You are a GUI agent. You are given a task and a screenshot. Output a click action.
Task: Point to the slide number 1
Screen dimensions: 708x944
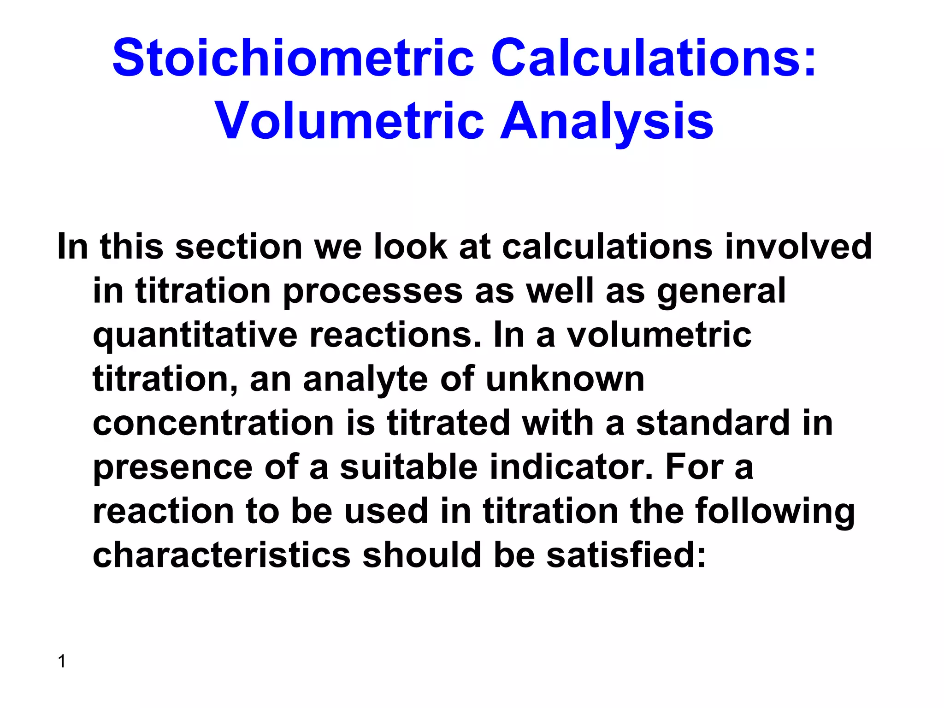pos(62,661)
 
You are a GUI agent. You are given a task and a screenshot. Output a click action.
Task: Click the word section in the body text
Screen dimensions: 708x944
pos(239,247)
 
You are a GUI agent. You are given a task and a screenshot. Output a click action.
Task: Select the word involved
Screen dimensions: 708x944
pos(798,247)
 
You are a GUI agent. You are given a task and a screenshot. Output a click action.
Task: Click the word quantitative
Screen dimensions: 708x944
pos(195,335)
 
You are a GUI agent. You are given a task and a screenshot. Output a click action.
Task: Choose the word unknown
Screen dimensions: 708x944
pos(565,379)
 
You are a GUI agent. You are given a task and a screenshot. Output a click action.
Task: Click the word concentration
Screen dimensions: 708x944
pos(213,423)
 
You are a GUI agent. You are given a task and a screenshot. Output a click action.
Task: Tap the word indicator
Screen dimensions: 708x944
pos(571,467)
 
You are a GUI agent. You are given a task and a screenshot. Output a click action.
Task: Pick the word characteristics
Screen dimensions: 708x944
pos(222,555)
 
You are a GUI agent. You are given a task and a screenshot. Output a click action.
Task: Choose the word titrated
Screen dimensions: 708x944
pos(448,423)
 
